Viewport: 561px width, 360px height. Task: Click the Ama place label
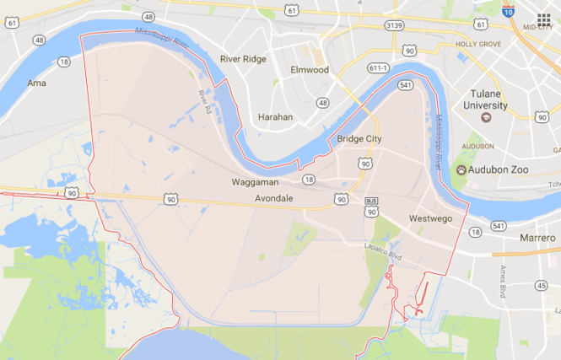36,83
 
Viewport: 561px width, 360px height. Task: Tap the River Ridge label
242,59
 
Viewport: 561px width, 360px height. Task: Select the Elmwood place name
309,70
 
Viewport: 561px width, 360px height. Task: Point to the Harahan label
276,117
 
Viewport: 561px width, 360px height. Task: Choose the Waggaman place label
255,182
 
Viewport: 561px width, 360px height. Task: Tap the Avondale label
274,199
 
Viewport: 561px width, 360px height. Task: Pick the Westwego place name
430,218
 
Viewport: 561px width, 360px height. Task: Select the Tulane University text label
485,100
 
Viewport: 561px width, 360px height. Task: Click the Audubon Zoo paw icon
461,169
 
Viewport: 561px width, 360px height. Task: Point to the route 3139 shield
393,26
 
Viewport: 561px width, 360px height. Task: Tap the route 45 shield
541,286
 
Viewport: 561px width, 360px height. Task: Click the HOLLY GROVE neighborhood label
477,43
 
